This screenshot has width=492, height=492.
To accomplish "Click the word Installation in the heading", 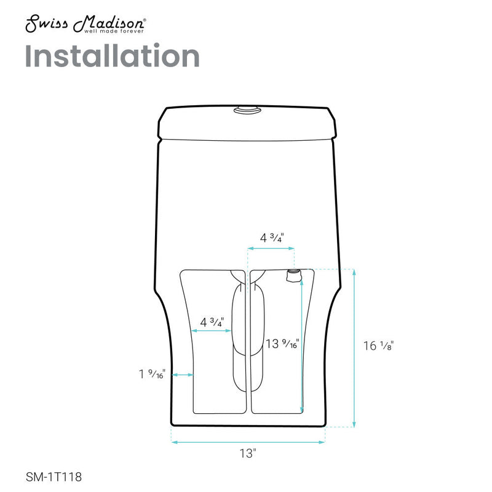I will [112, 57].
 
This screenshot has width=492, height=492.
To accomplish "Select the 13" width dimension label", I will [247, 454].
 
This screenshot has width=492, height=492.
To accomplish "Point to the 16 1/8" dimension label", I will [378, 346].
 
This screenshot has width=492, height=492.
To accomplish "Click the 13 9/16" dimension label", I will [282, 344].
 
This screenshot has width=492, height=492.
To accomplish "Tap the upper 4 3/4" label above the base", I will [271, 237].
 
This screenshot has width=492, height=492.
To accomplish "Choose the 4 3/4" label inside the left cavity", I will [212, 322].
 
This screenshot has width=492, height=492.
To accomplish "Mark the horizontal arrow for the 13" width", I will [247, 442].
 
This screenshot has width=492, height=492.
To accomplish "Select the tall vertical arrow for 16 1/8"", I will [354, 347].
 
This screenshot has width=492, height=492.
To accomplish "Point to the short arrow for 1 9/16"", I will [183, 375].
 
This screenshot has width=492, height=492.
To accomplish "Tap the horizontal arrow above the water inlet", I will [271, 249].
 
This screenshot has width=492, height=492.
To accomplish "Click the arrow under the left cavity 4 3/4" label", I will [212, 331].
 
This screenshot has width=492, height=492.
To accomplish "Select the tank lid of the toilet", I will [248, 124].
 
